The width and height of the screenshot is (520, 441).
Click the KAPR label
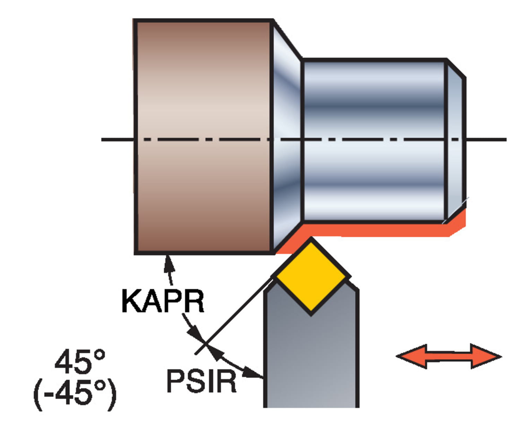click(x=163, y=301)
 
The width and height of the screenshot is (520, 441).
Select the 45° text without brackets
click(x=80, y=362)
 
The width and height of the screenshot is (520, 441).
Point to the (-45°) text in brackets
click(x=75, y=394)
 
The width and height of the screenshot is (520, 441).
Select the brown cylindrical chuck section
click(x=203, y=137)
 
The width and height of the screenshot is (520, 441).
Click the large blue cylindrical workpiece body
click(x=374, y=140)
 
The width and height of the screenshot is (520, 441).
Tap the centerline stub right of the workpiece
click(x=487, y=140)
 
